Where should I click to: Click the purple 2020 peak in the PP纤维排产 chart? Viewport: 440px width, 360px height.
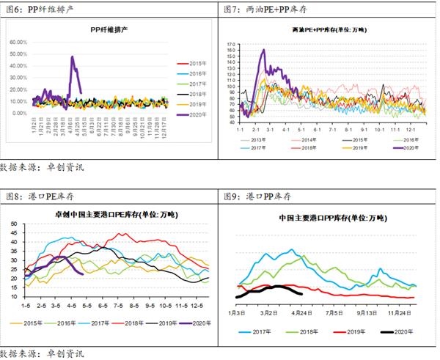pyautogui.click(x=72, y=57)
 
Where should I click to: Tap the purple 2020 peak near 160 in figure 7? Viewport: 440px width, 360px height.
pyautogui.click(x=263, y=51)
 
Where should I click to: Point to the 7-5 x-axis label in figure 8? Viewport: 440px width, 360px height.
pyautogui.click(x=120, y=304)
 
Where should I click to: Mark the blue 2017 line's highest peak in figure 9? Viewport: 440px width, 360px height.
pyautogui.click(x=293, y=250)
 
